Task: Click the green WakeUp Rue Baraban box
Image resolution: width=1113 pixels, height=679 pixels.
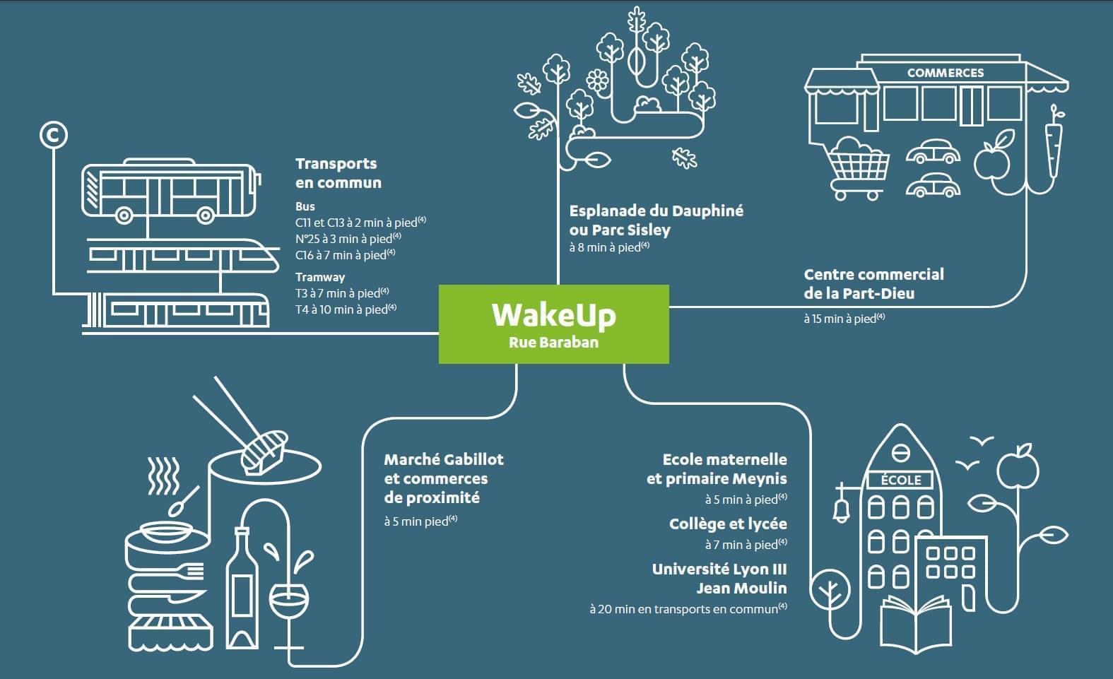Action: [x=553, y=324]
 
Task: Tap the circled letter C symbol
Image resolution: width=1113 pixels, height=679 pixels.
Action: [x=53, y=134]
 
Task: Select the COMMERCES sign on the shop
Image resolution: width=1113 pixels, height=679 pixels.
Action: [x=945, y=73]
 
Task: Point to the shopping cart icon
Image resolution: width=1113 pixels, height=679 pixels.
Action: [x=858, y=167]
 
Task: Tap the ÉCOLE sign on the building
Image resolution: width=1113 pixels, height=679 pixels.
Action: [x=901, y=480]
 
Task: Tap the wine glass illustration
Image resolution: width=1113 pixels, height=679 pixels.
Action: [x=289, y=604]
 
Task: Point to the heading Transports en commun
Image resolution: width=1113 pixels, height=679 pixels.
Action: [x=338, y=173]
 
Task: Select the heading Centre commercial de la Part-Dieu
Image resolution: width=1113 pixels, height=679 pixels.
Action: [x=873, y=283]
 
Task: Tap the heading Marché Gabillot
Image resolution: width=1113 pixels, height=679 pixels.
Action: [x=443, y=459]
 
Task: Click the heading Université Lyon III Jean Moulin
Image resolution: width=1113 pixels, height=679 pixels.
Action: [x=719, y=578]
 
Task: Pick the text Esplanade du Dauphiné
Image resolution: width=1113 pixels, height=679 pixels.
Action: [x=656, y=211]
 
